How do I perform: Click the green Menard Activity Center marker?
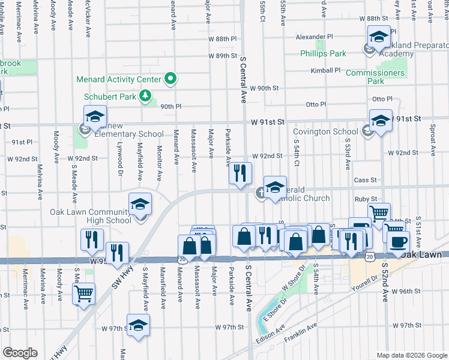click(170, 79)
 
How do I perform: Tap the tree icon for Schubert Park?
click(144, 95)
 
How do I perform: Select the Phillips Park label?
click(323, 53)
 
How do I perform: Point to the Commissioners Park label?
click(375, 77)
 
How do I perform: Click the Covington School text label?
click(325, 132)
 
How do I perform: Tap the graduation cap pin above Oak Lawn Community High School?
click(139, 205)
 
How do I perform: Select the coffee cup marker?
click(398, 242)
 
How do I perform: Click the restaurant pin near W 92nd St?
click(240, 173)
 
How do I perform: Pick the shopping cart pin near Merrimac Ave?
click(83, 294)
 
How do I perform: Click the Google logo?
click(20, 353)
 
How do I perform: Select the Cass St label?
click(365, 179)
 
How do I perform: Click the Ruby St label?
click(364, 199)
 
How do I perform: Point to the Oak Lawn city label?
click(421, 255)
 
